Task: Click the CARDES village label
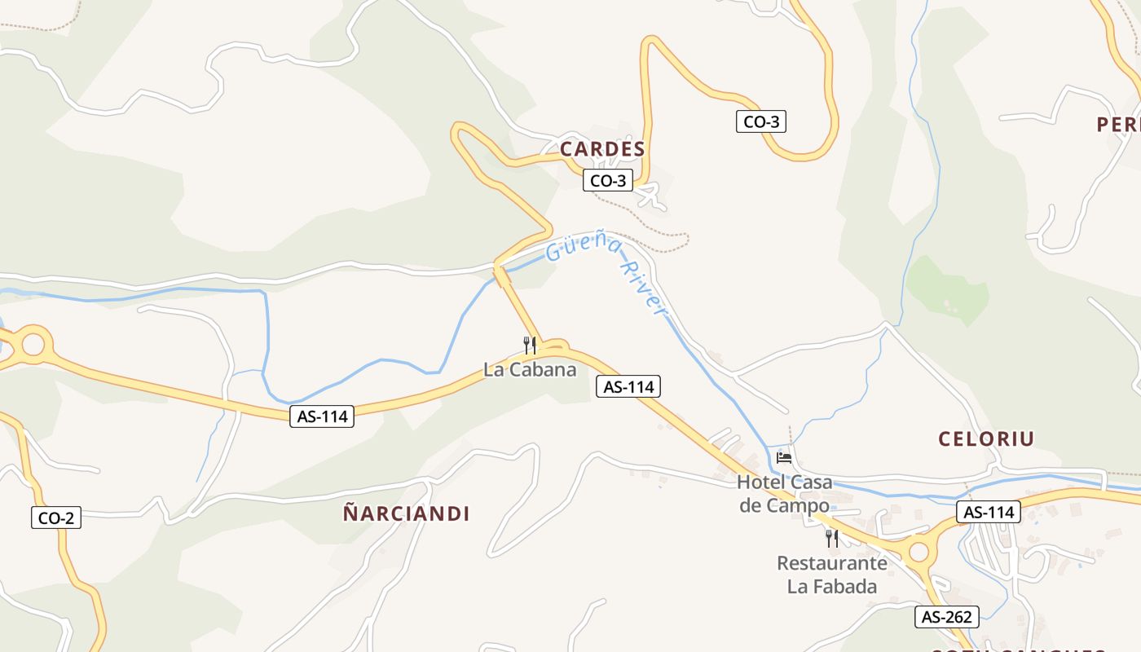pos(602,149)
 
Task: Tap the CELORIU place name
pos(986,438)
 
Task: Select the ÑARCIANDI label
pos(406,513)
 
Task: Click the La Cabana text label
pos(530,369)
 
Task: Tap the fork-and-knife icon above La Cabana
pos(530,345)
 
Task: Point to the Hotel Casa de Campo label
pos(784,493)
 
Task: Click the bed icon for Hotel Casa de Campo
pos(784,457)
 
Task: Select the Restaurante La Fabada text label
pos(831,574)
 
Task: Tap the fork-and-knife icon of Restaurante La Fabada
pos(831,538)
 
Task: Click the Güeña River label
pos(607,273)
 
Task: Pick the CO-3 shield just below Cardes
pos(608,180)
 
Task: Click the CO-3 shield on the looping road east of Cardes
pos(761,121)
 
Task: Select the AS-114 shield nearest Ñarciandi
pos(322,416)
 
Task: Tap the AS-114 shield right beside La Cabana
pos(628,386)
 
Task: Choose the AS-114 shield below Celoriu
pos(989,512)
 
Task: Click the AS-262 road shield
pos(946,616)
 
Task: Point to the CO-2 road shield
pos(56,517)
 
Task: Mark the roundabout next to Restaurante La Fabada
pos(919,553)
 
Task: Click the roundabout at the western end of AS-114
pos(33,344)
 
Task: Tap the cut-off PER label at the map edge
pos(1118,124)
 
